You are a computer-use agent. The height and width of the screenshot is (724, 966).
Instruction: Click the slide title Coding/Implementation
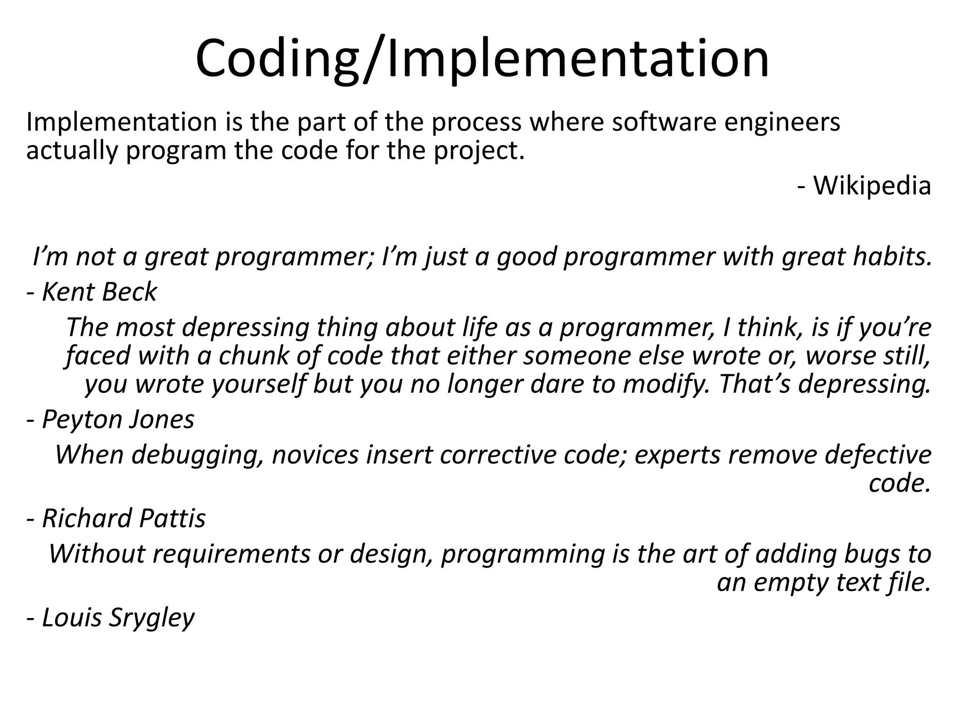[482, 59]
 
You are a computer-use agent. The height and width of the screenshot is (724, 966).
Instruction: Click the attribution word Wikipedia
[872, 185]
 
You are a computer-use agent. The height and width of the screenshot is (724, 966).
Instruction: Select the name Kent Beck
[99, 292]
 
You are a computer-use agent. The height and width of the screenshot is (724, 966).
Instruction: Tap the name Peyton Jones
[118, 419]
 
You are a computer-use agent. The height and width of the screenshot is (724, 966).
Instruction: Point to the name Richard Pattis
[124, 518]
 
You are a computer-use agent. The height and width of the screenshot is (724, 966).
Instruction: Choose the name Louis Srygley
[118, 617]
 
